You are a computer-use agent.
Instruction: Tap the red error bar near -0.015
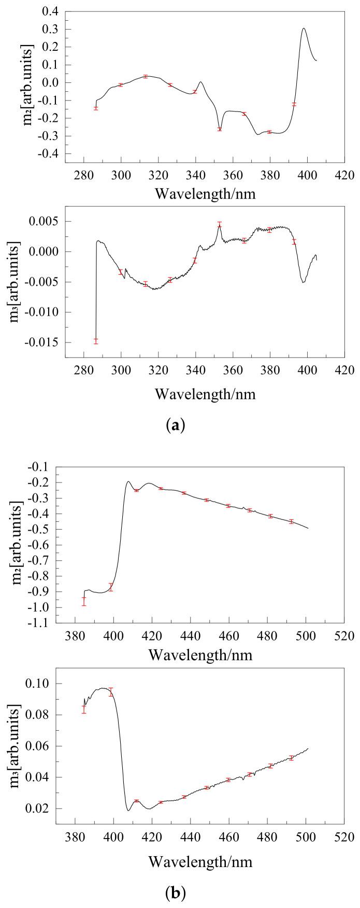96,340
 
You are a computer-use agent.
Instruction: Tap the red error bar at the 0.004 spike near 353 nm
220,225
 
